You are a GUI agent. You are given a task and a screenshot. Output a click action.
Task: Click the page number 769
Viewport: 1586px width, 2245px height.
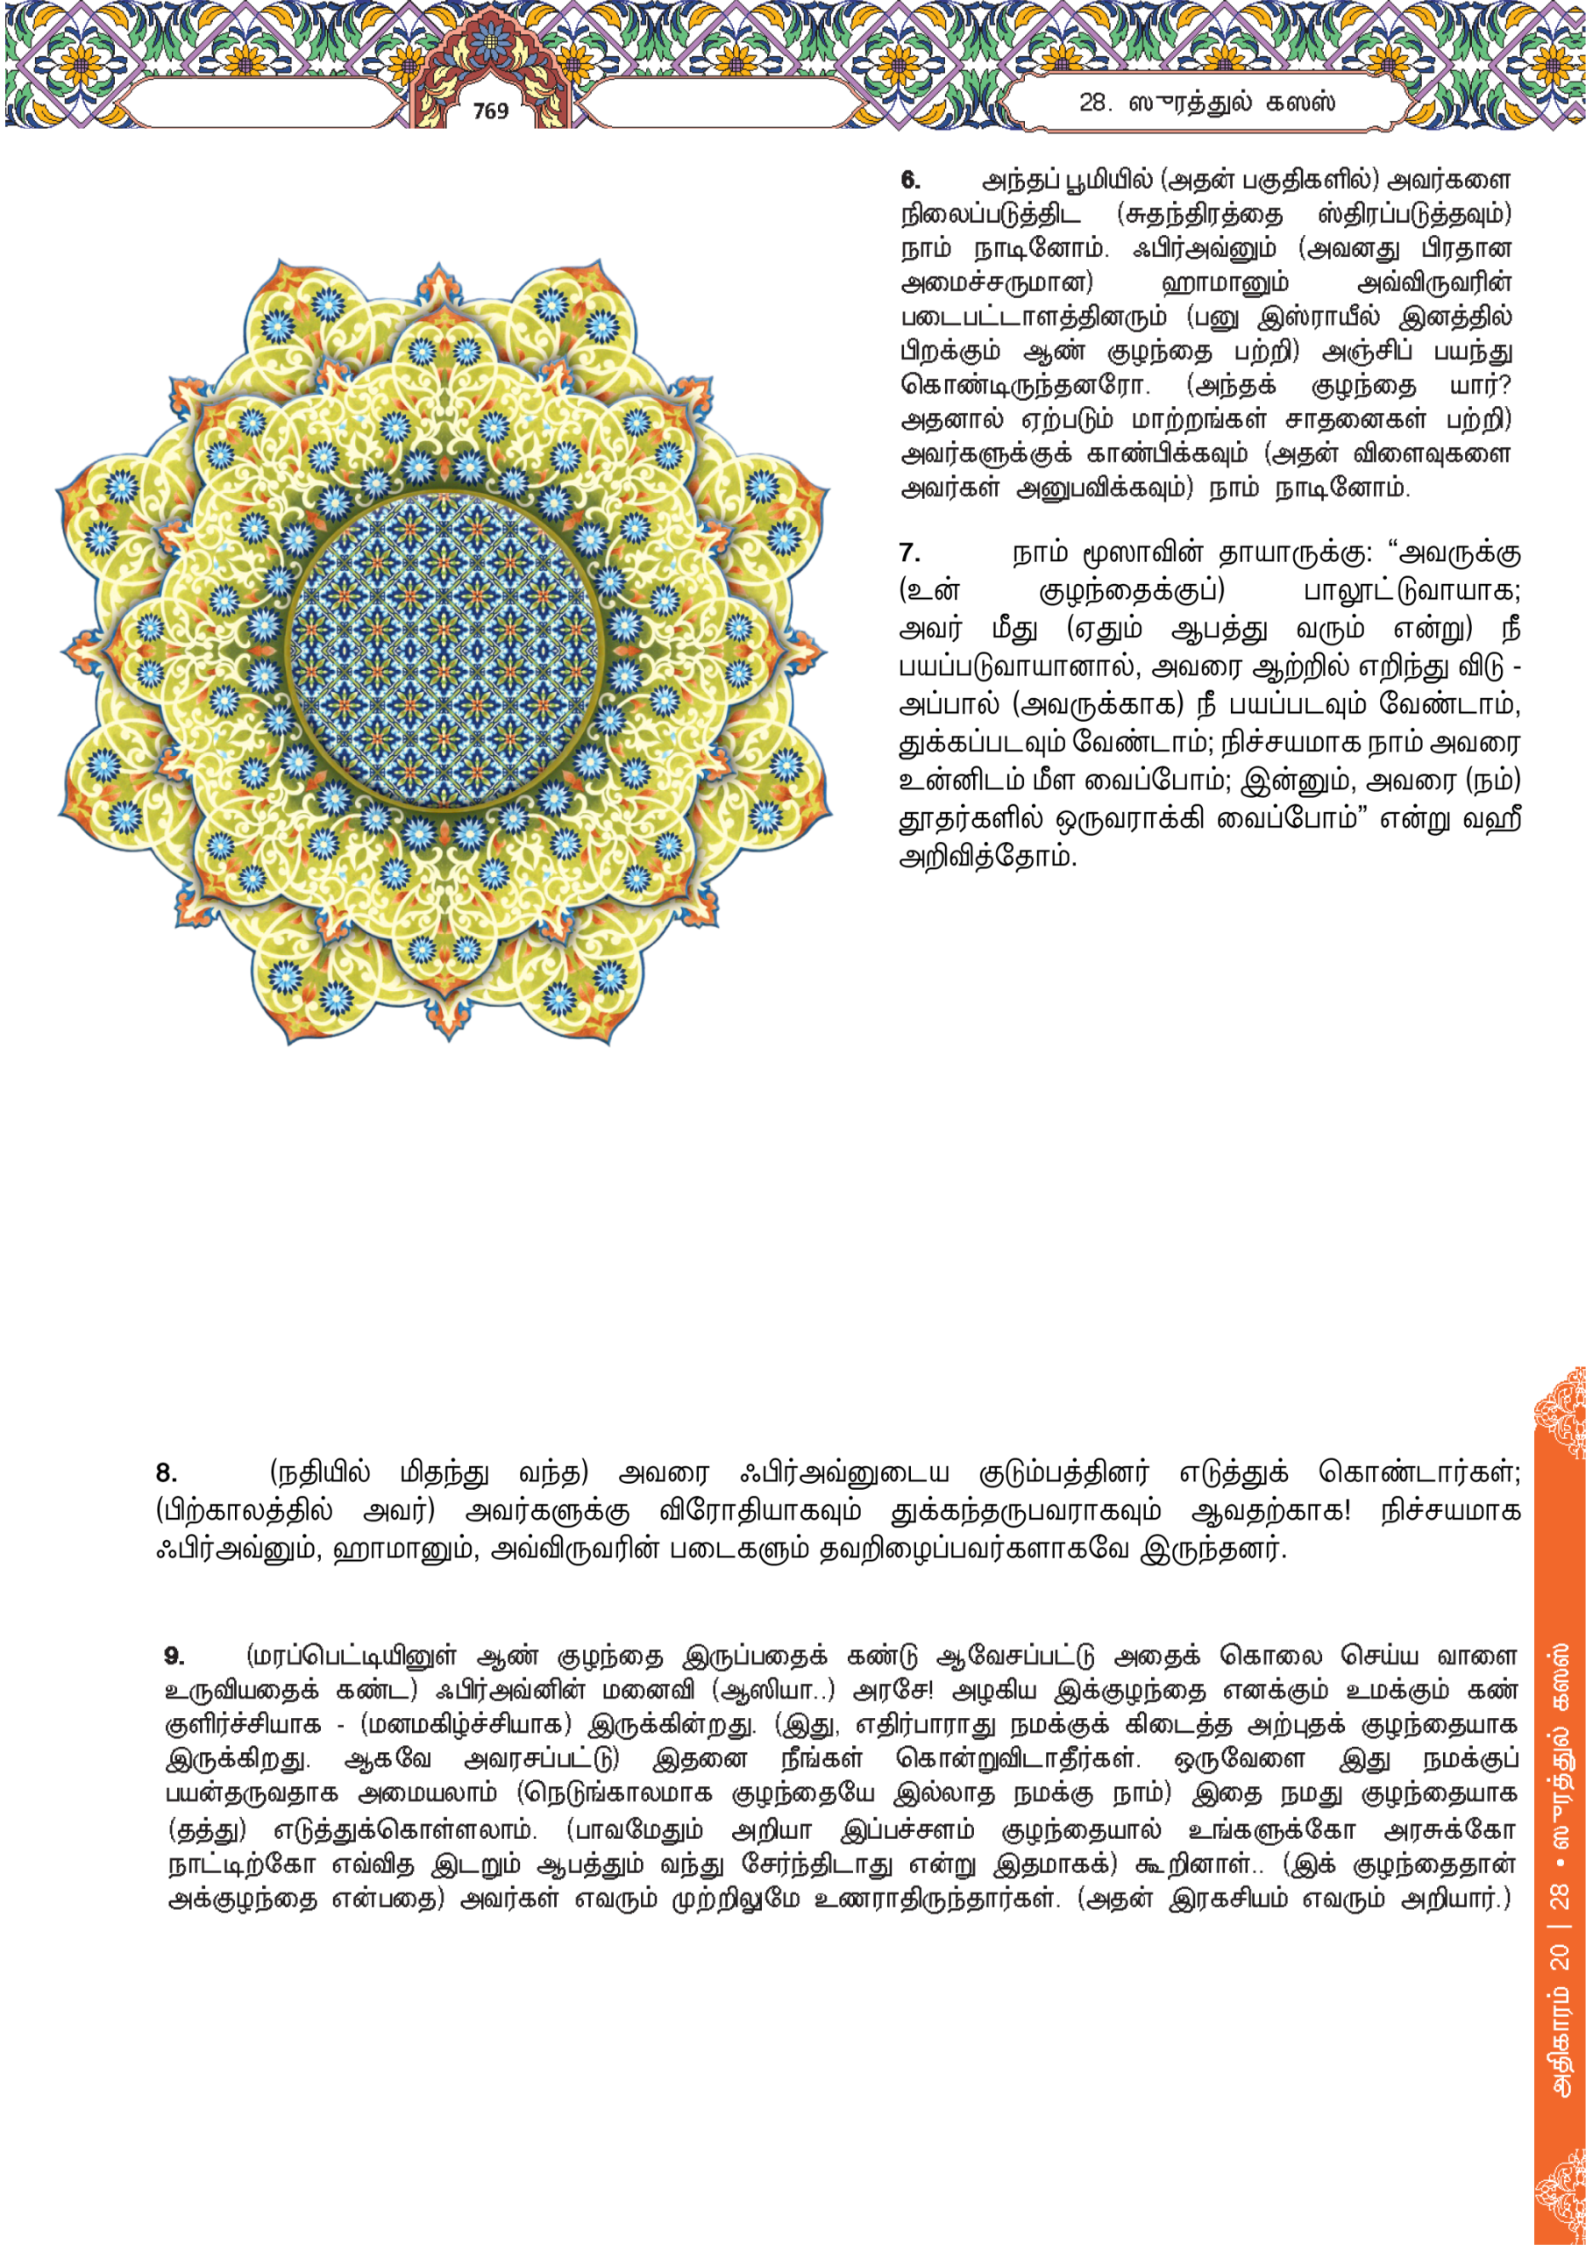coord(491,111)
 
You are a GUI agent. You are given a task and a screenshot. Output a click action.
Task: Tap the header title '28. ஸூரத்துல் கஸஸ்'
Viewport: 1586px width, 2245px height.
coord(1206,103)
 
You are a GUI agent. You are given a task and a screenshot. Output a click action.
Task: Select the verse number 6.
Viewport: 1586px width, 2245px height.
coord(910,180)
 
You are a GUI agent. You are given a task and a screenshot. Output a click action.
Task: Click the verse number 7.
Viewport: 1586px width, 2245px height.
coord(909,553)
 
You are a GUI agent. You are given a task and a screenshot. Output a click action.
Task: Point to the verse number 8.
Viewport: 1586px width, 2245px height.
coord(167,1472)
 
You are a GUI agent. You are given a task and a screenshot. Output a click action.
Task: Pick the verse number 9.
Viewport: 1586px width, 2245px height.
coord(174,1656)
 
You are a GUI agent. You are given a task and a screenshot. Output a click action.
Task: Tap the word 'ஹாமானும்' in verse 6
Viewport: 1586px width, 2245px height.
coord(1224,283)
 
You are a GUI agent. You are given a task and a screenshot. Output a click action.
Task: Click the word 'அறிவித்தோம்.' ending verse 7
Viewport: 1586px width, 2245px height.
coord(986,858)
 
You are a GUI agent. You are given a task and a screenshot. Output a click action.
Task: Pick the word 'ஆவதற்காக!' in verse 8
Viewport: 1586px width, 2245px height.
coord(1270,1511)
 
